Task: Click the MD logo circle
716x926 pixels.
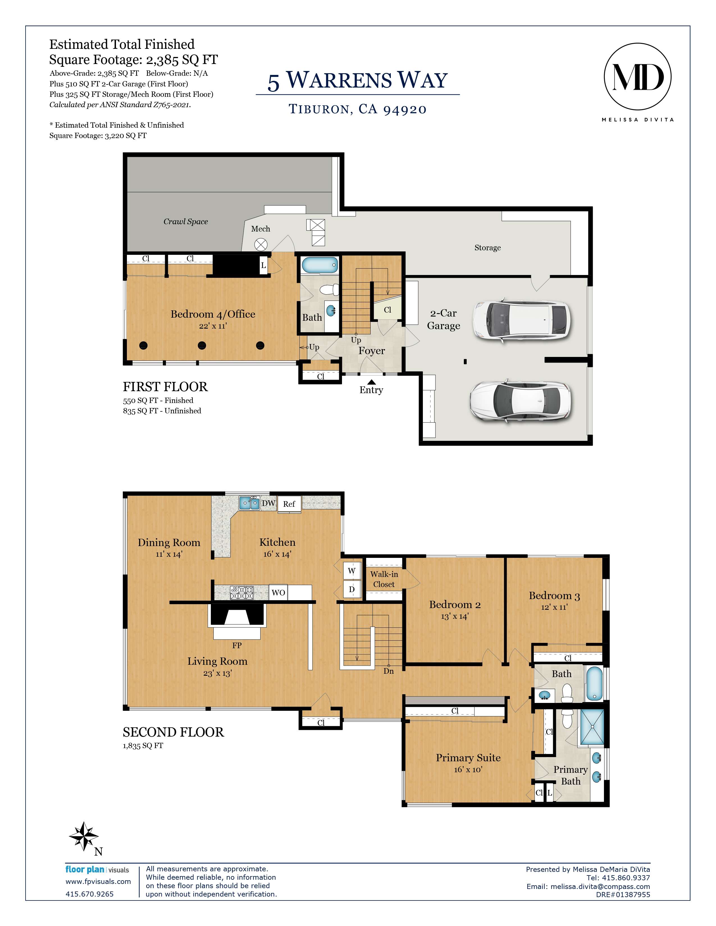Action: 637,77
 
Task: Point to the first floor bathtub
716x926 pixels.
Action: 320,265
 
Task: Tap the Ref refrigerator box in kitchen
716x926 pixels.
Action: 289,504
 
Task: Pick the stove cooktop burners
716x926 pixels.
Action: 242,592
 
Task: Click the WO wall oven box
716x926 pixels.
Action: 278,592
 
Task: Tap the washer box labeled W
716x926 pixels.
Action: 352,571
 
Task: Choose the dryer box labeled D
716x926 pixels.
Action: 352,589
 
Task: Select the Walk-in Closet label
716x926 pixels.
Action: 384,579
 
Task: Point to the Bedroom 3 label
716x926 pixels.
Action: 554,596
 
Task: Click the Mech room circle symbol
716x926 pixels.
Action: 261,245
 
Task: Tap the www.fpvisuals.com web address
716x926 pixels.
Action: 98,881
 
